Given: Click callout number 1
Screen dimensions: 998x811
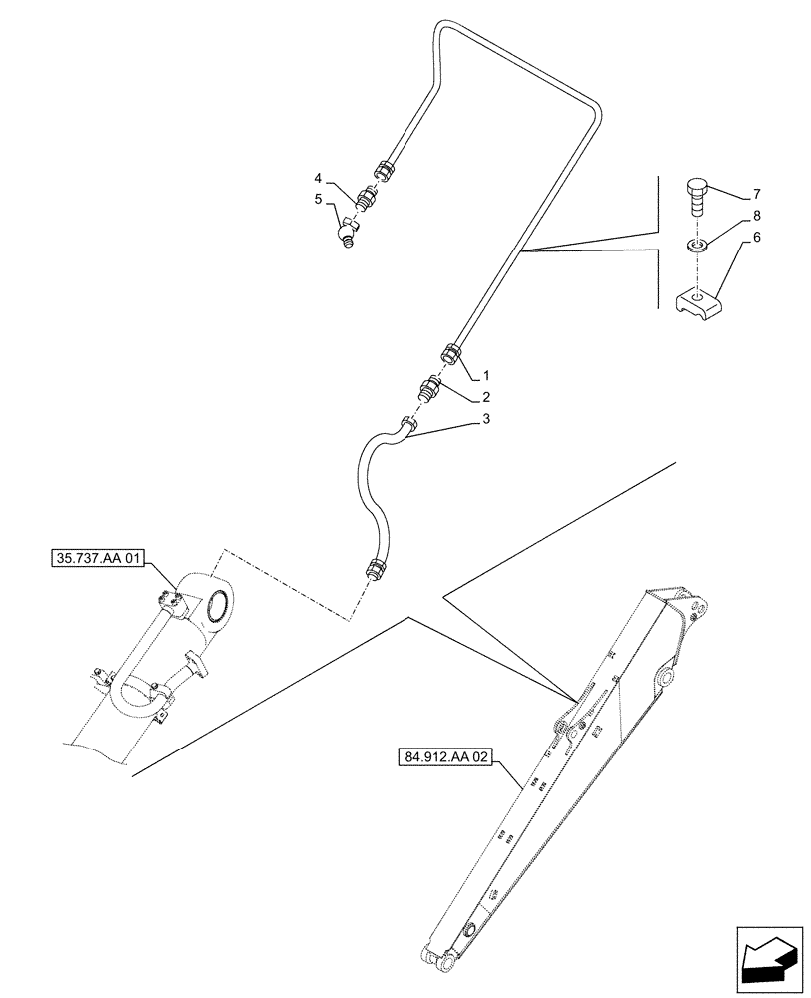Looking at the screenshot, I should coord(486,377).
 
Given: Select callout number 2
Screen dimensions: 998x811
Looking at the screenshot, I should coord(486,397).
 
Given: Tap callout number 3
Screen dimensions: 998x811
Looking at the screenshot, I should coord(486,420).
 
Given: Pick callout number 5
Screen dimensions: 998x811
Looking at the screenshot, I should coord(319,199).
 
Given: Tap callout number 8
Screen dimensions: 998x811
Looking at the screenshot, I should coord(757,215).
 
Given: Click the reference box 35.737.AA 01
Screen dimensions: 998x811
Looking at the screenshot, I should coord(97,557).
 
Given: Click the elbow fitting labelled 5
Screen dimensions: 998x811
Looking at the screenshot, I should coord(347,233).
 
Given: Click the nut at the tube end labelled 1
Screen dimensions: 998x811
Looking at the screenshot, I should coord(451,354).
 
